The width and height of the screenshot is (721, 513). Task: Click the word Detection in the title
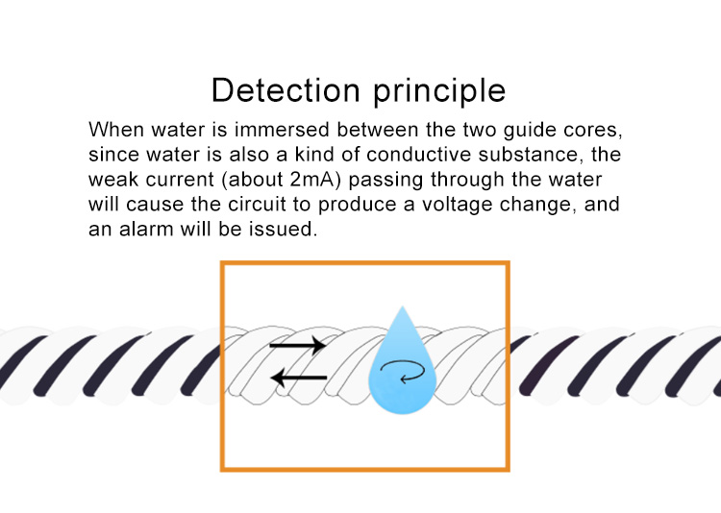(286, 90)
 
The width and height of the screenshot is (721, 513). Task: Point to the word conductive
(419, 155)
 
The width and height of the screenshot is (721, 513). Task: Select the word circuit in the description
(258, 204)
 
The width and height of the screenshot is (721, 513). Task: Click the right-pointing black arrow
(298, 345)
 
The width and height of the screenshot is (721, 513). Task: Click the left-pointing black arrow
(298, 378)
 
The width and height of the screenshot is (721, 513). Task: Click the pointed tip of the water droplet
(403, 306)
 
